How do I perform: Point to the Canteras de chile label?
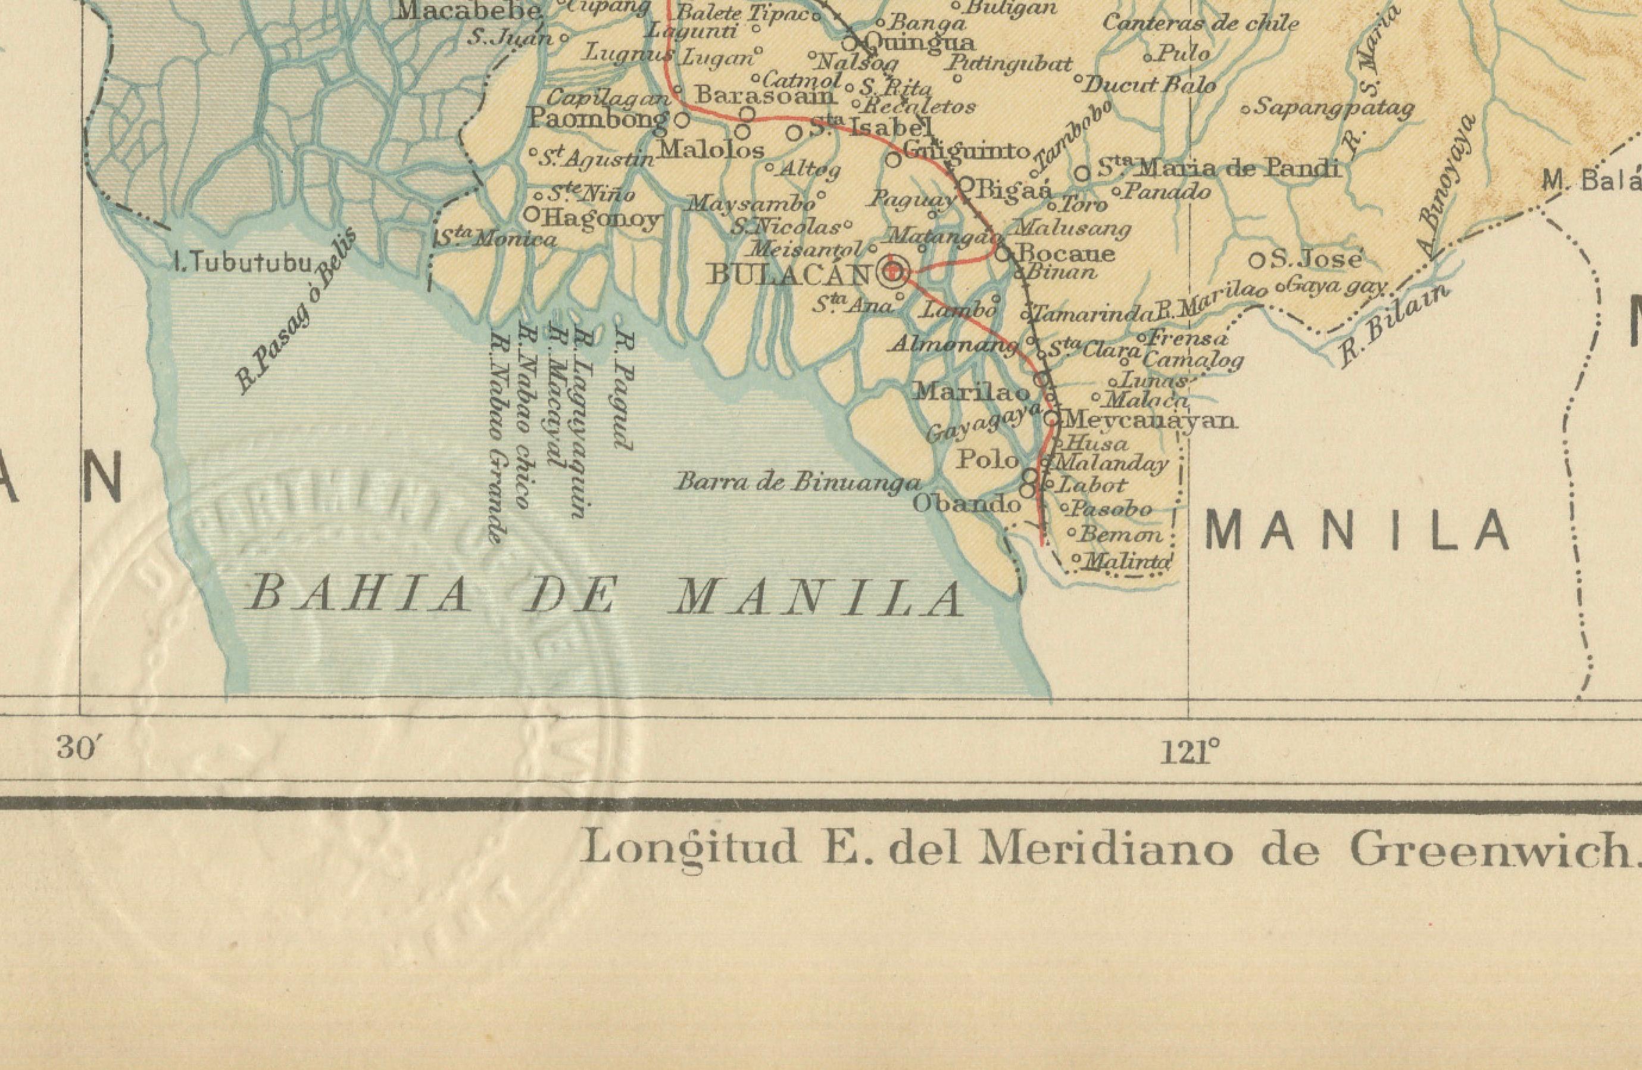pos(1200,23)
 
